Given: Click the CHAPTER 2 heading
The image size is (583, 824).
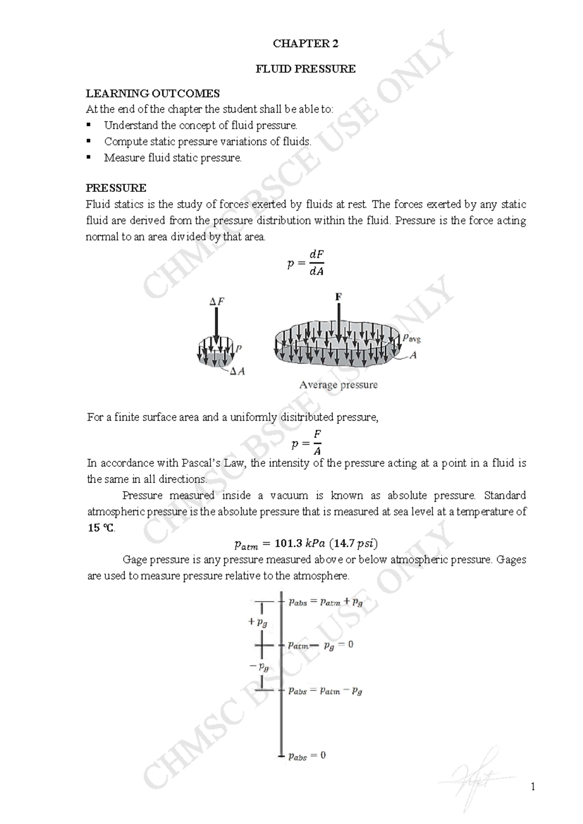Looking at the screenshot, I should coord(306,44).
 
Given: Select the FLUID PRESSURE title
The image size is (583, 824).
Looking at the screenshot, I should coord(306,69).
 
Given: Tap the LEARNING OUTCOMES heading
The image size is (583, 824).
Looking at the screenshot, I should coord(153,93).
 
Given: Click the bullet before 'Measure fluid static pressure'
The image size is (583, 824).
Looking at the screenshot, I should coord(89,157).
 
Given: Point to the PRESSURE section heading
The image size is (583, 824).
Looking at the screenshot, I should coord(116,188).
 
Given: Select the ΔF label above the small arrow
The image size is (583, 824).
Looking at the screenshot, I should coord(217,302).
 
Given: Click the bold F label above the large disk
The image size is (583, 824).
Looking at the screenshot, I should coord(338,296).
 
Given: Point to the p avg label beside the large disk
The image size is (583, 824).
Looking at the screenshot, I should coord(412,338).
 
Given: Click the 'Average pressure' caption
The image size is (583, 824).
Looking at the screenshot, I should coord(338,385).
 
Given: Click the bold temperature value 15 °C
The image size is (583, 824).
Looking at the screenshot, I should coord(101,528).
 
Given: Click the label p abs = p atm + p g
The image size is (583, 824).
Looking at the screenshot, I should coord(325,602).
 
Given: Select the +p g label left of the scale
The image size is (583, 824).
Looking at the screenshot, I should coord(257,622).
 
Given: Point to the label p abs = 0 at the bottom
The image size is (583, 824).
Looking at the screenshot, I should coord(307,756).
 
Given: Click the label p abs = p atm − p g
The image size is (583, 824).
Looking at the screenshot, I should coord(325,691).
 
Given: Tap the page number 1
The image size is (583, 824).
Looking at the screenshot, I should coord(533,787).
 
